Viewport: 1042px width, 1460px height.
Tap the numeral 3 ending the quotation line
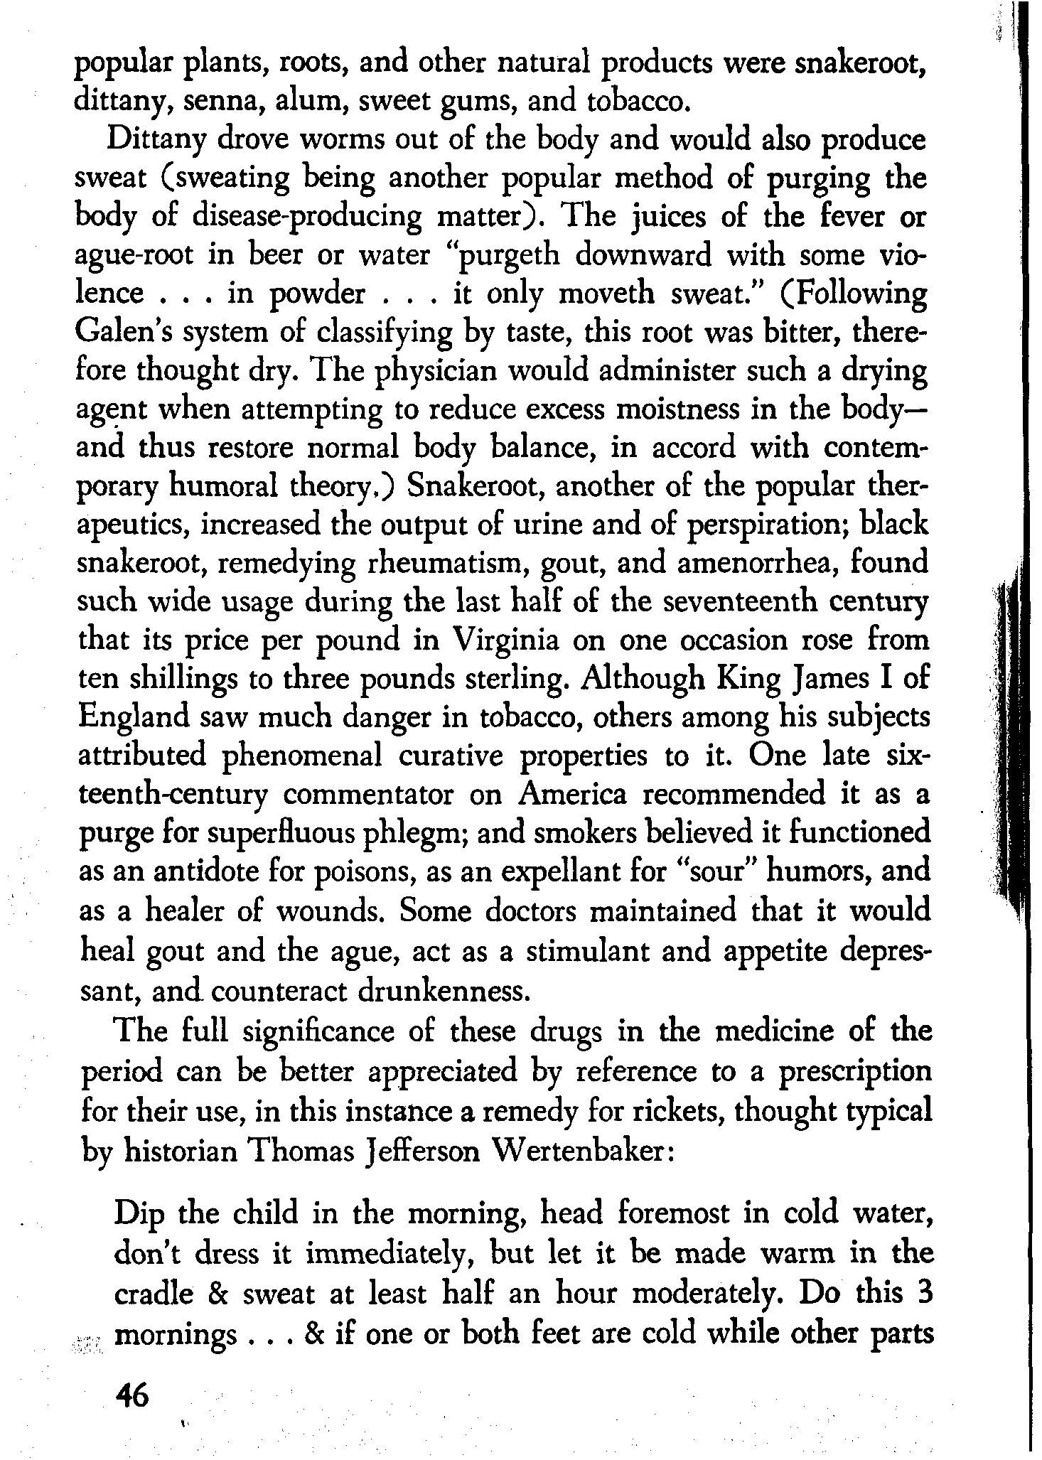922,1294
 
